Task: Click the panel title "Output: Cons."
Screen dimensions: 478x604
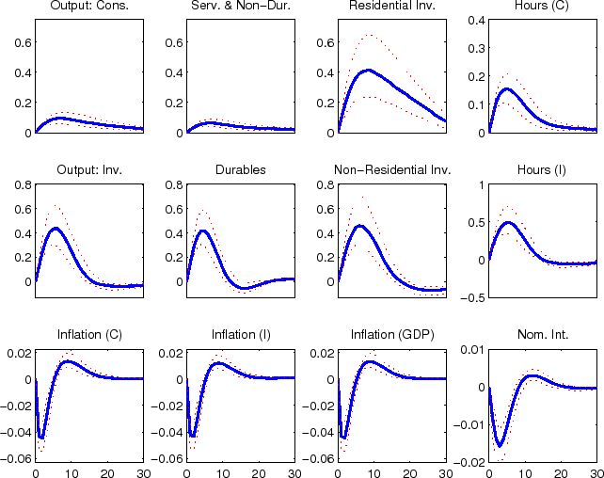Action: click(89, 8)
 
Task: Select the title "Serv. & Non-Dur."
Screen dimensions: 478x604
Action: click(241, 8)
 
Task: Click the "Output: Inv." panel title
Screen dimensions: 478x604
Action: click(89, 170)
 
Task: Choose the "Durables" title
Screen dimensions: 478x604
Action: click(241, 170)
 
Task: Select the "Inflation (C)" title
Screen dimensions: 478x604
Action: click(89, 335)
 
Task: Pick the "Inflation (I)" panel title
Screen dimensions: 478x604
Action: click(241, 335)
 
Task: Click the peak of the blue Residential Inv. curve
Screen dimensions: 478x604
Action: click(370, 70)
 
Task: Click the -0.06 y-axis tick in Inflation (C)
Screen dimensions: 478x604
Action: click(18, 460)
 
